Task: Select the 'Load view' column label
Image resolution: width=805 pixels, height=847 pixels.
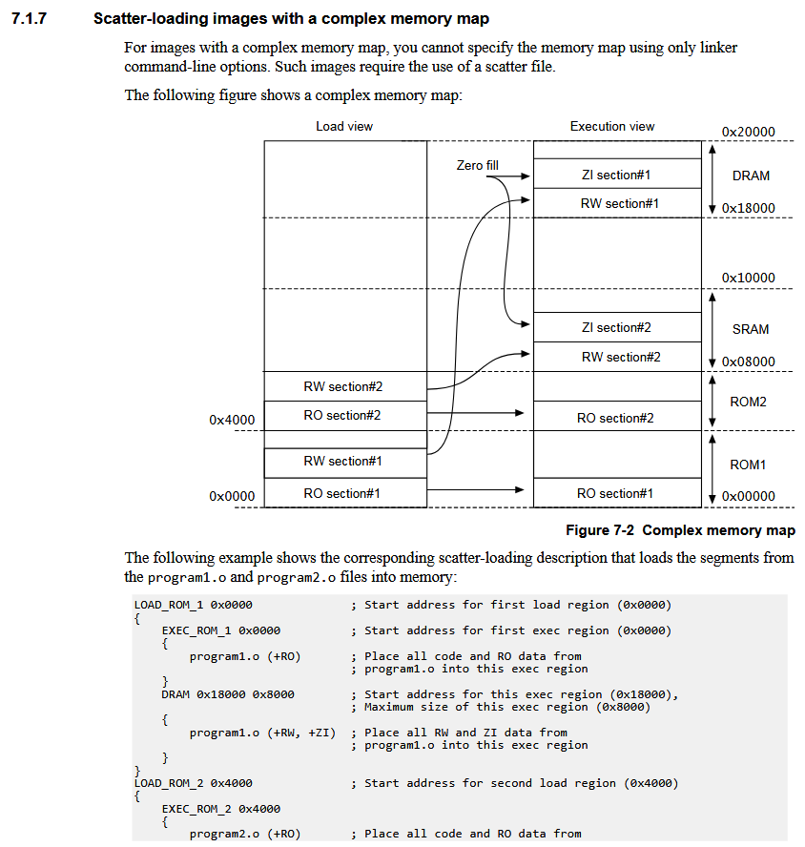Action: pos(344,126)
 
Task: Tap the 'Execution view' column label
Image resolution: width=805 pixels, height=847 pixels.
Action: pos(612,126)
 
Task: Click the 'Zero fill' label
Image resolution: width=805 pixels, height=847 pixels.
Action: pos(477,165)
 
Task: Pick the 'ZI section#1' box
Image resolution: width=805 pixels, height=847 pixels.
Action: pos(616,175)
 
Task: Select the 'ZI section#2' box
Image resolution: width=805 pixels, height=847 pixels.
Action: pos(616,327)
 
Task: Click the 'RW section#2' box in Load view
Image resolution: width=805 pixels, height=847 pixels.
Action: pos(343,386)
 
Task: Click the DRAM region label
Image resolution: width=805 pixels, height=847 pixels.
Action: pos(751,176)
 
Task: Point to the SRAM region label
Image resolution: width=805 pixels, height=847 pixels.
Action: pos(750,329)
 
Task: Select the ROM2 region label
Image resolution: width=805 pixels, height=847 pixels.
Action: pos(748,402)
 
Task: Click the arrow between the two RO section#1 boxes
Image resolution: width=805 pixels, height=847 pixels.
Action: pos(477,490)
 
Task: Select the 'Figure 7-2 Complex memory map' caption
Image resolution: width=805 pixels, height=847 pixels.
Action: pos(680,530)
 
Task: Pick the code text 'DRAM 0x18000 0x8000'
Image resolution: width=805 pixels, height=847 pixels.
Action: pos(228,694)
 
